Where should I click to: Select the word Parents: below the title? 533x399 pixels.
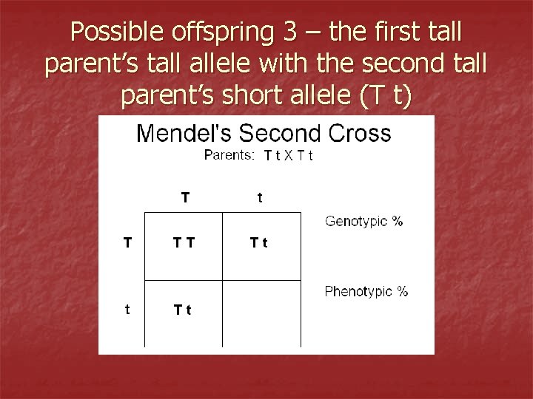[229, 155]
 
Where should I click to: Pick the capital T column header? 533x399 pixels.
[185, 197]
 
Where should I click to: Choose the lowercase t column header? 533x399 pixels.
[259, 197]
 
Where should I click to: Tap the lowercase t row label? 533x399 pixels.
[127, 310]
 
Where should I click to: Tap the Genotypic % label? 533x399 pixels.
[363, 221]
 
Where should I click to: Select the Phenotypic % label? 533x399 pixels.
[366, 291]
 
